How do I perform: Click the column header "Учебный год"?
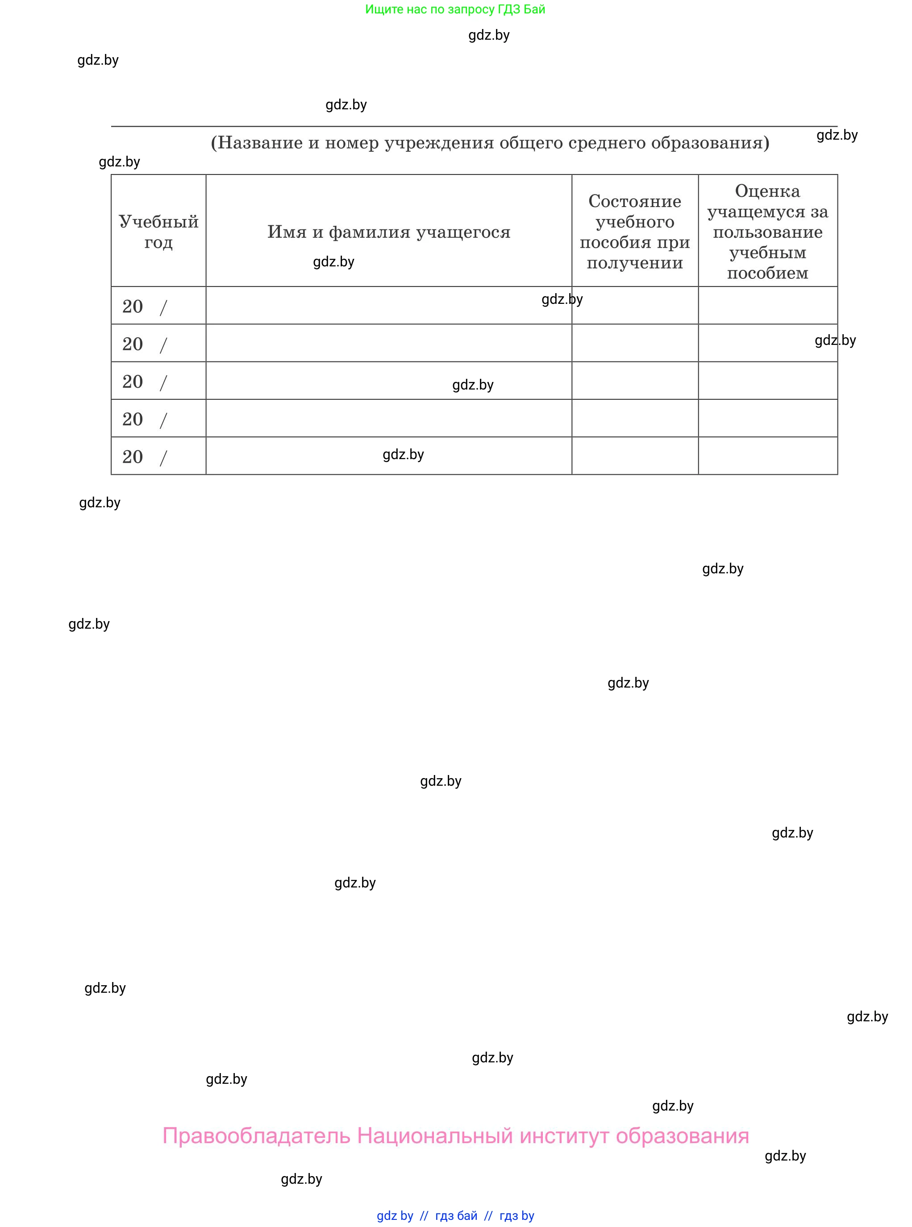(x=158, y=232)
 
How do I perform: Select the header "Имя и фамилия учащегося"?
(x=389, y=232)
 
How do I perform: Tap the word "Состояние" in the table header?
(x=634, y=201)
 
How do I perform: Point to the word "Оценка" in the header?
(x=767, y=191)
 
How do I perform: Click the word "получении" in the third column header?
(x=634, y=263)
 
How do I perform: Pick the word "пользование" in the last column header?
(x=767, y=232)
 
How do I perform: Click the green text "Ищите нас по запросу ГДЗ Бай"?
(x=455, y=9)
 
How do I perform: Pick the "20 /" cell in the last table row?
(x=145, y=457)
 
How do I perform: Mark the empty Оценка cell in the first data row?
(x=767, y=306)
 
